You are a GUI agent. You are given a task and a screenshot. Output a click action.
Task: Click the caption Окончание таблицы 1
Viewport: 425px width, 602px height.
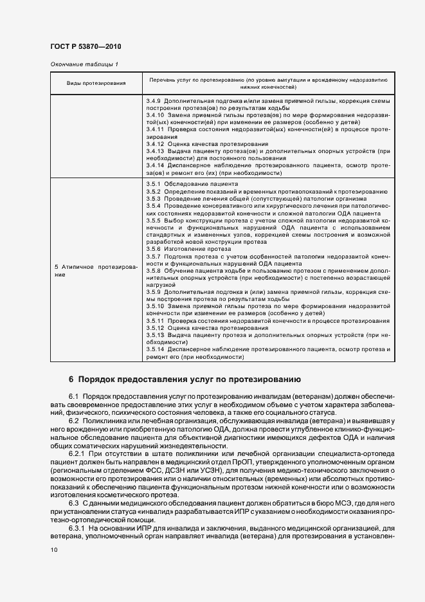click(x=84, y=64)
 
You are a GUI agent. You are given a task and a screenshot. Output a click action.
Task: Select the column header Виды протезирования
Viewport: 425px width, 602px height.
click(x=96, y=84)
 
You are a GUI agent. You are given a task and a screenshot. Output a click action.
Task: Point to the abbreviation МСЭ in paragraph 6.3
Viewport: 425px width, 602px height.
click(x=338, y=502)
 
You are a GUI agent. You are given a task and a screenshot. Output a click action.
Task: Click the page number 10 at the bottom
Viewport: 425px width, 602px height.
click(x=53, y=550)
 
